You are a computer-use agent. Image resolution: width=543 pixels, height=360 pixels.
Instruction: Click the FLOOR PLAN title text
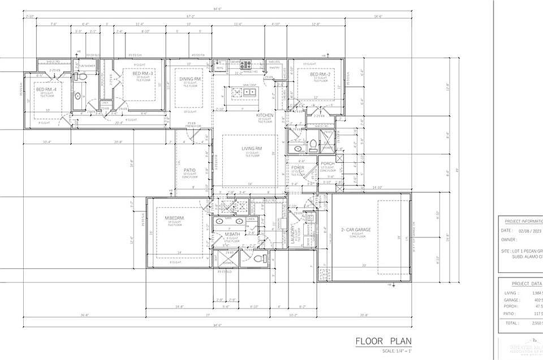point(383,341)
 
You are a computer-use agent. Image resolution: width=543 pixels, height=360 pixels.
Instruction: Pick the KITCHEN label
point(265,115)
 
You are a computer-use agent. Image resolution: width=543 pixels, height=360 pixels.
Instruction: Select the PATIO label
point(189,170)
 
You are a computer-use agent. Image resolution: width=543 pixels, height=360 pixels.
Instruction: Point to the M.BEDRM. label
point(175,218)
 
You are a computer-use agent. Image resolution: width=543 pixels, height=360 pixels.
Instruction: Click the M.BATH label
point(233,235)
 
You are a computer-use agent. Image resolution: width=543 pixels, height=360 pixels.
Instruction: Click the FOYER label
point(298,168)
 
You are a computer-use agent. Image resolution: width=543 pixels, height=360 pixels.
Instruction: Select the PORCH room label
point(327,164)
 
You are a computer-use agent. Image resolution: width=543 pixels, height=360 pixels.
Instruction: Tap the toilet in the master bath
point(259,259)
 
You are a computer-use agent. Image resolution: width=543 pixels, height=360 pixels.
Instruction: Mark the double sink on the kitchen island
point(249,92)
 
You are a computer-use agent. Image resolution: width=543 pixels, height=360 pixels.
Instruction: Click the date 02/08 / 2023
point(529,231)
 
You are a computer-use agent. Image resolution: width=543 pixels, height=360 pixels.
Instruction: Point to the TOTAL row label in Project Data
point(511,323)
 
